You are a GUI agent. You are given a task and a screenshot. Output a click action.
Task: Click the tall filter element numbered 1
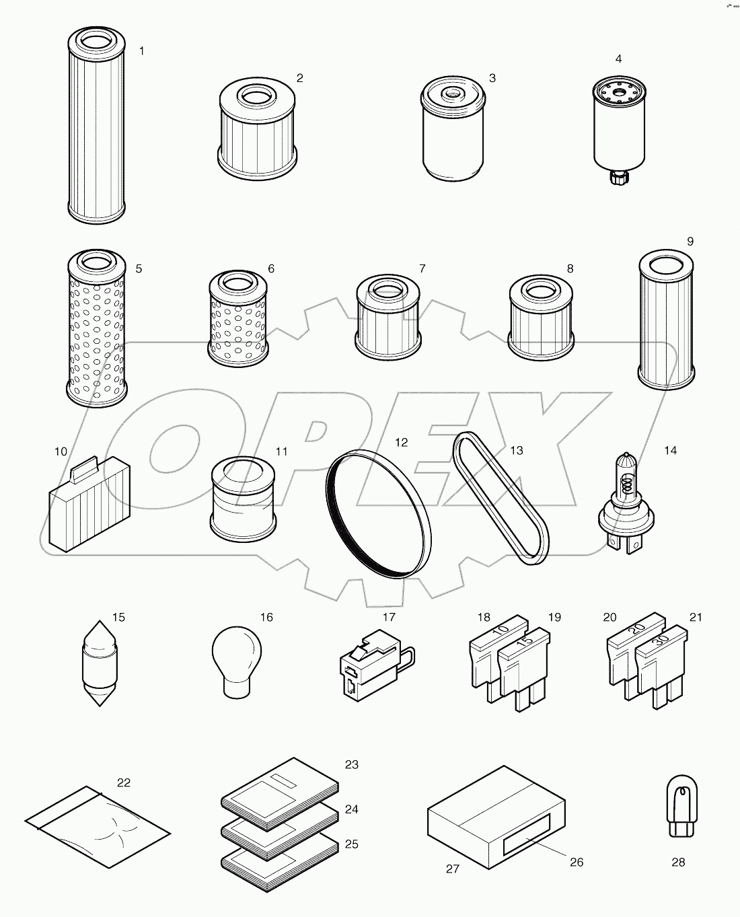(x=98, y=128)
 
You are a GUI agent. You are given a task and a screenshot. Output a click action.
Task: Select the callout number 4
(x=618, y=59)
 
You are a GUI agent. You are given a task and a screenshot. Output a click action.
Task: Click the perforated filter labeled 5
(x=97, y=330)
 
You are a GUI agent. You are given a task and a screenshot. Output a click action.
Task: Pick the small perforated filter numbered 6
(x=238, y=320)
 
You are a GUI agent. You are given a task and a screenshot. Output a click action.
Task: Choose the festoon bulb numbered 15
(x=100, y=663)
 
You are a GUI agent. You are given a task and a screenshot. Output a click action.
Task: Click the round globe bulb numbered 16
(x=236, y=653)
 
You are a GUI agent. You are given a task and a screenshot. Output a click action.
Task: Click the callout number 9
(x=690, y=242)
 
